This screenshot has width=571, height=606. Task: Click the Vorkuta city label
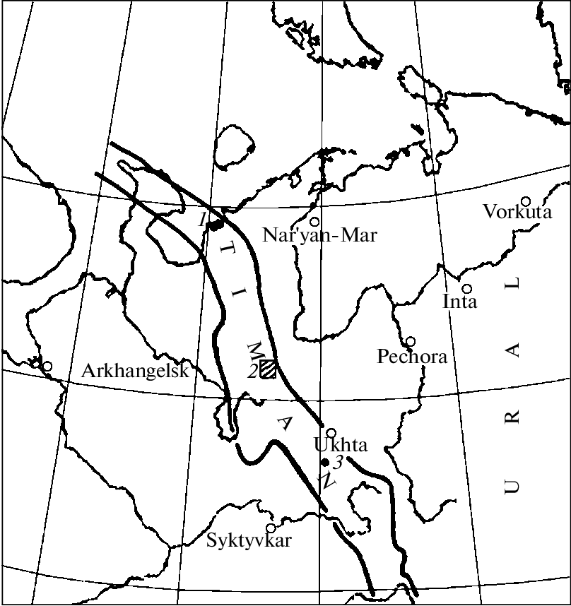click(517, 211)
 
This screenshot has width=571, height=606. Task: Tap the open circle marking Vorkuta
click(526, 201)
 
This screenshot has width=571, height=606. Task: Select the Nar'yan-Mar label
click(319, 234)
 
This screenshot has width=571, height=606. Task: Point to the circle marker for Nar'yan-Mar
click(314, 222)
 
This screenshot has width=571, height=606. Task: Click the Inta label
click(460, 302)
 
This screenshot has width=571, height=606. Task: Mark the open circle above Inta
click(466, 288)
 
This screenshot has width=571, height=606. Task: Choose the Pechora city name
click(412, 357)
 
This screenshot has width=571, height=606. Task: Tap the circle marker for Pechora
click(410, 341)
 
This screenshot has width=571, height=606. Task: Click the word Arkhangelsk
click(136, 371)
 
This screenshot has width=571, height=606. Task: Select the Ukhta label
click(339, 446)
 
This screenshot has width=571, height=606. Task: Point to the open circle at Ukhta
click(330, 432)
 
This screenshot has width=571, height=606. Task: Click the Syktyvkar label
click(249, 542)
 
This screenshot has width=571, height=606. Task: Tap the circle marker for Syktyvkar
click(270, 528)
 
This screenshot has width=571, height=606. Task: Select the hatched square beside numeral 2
click(268, 368)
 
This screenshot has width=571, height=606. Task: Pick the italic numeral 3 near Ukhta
click(338, 463)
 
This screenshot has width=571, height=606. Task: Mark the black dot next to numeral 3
click(324, 462)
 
